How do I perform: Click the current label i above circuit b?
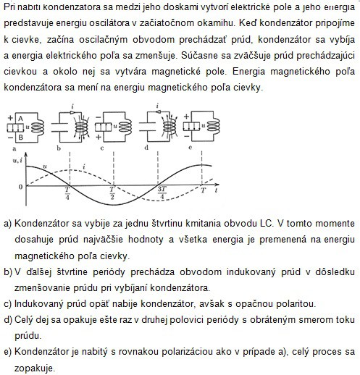(72, 106)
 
